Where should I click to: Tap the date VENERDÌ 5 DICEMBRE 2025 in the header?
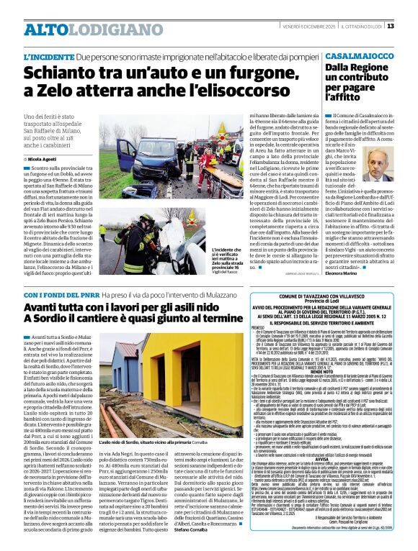tap(306, 27)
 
